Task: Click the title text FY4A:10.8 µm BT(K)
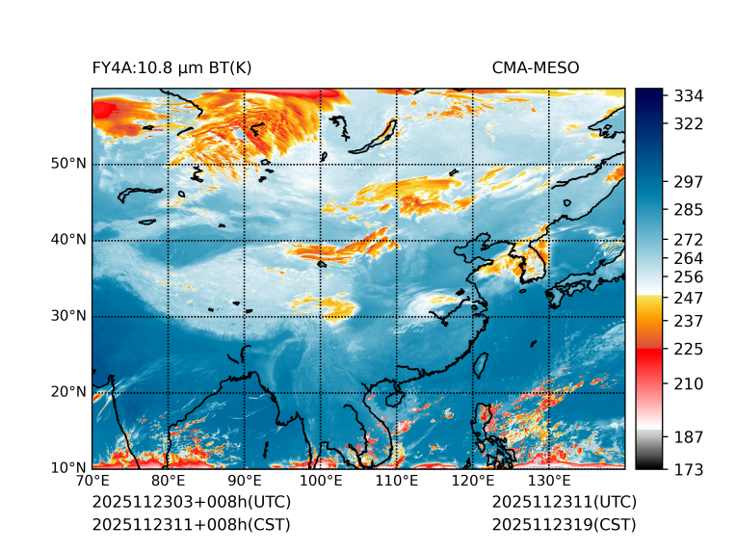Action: click(x=171, y=68)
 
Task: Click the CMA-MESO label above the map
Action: click(x=536, y=68)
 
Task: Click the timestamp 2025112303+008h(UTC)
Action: click(x=191, y=503)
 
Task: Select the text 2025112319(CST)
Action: click(x=564, y=525)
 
